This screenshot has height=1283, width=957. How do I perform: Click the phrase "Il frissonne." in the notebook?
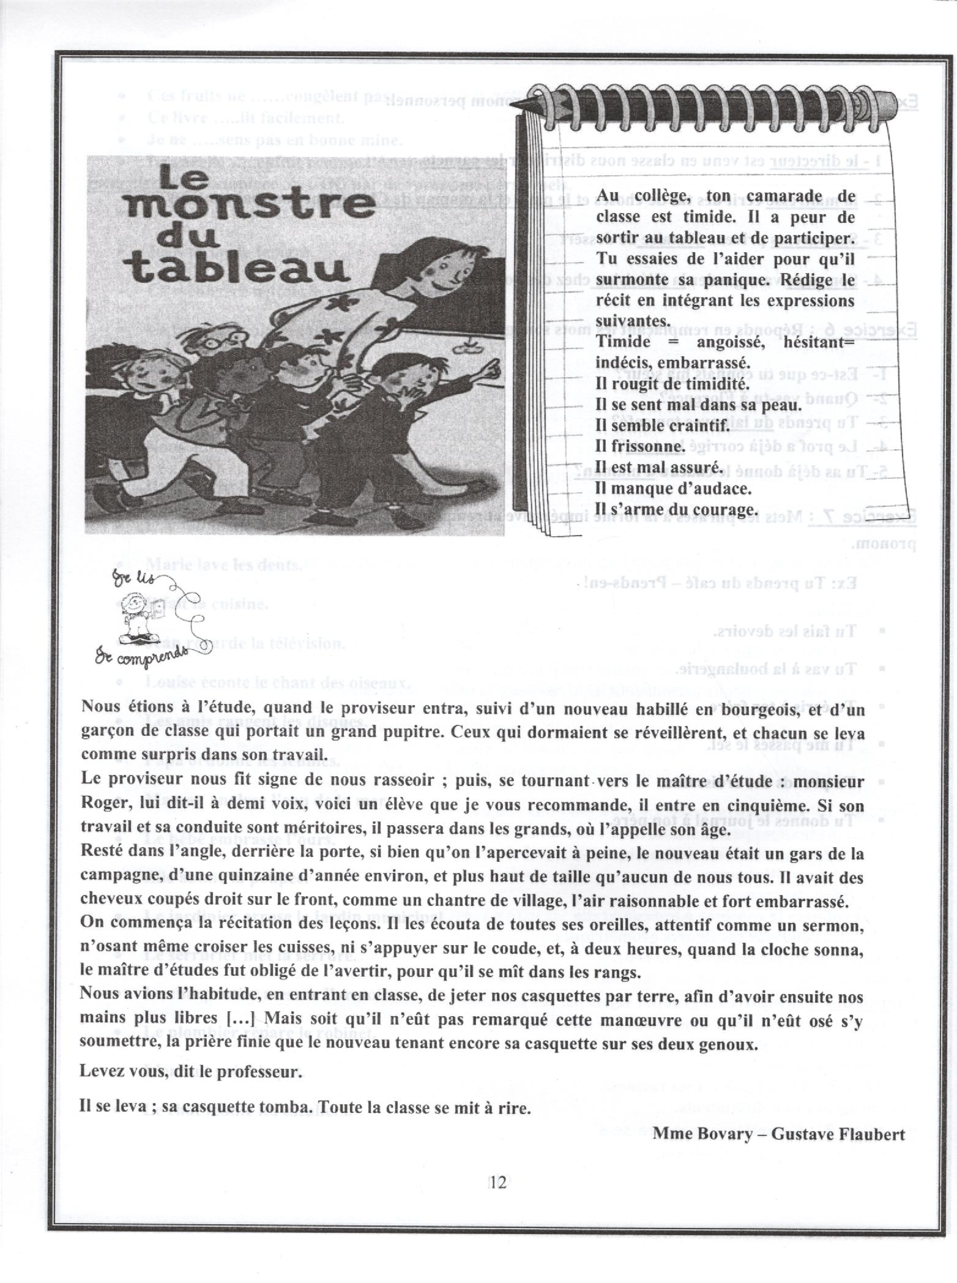click(639, 446)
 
